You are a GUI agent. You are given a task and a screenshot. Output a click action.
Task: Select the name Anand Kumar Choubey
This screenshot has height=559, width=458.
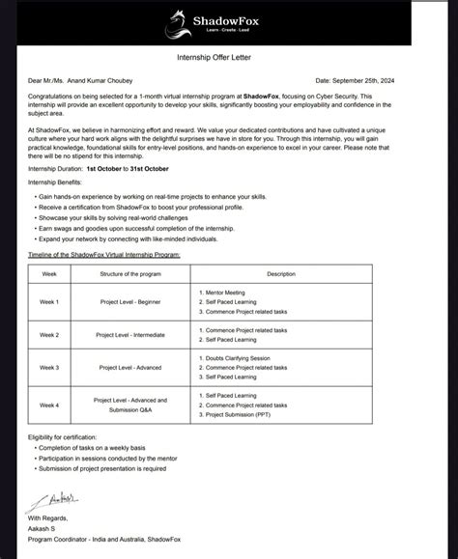pyautogui.click(x=107, y=80)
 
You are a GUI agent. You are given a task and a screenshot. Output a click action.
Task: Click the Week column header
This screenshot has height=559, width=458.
pyautogui.click(x=49, y=273)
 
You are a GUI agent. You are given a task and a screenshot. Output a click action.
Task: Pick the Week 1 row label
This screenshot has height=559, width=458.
pyautogui.click(x=49, y=301)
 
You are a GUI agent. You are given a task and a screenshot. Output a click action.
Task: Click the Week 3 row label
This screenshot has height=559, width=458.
pyautogui.click(x=49, y=367)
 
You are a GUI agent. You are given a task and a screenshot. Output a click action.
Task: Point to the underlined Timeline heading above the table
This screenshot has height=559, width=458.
pyautogui.click(x=106, y=254)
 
